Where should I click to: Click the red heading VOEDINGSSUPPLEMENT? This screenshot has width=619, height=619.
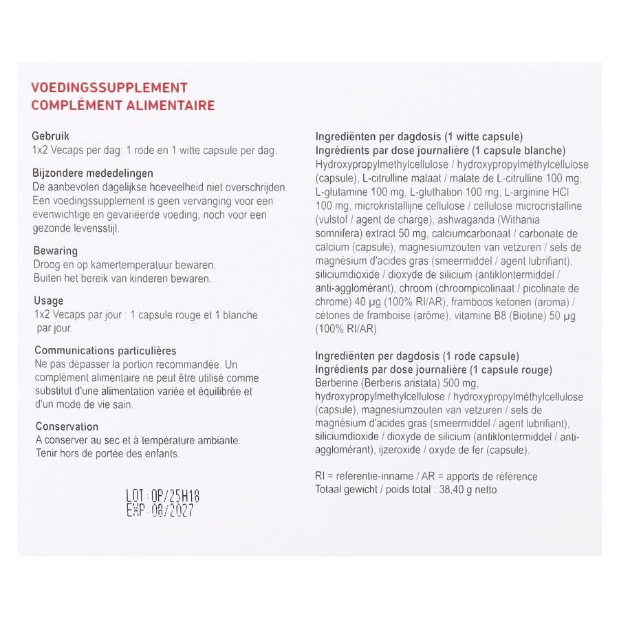coord(109,88)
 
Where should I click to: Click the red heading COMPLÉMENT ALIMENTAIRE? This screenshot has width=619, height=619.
coord(123,105)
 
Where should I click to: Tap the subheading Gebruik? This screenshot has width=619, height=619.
coord(51,136)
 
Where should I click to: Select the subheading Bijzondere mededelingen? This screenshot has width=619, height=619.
coord(93,173)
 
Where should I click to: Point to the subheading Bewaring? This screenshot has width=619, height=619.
coord(55,251)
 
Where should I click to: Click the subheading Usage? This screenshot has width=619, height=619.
coord(48,301)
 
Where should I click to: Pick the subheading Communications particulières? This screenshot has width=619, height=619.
coord(105,351)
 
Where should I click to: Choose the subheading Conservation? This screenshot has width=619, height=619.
coord(67,426)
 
